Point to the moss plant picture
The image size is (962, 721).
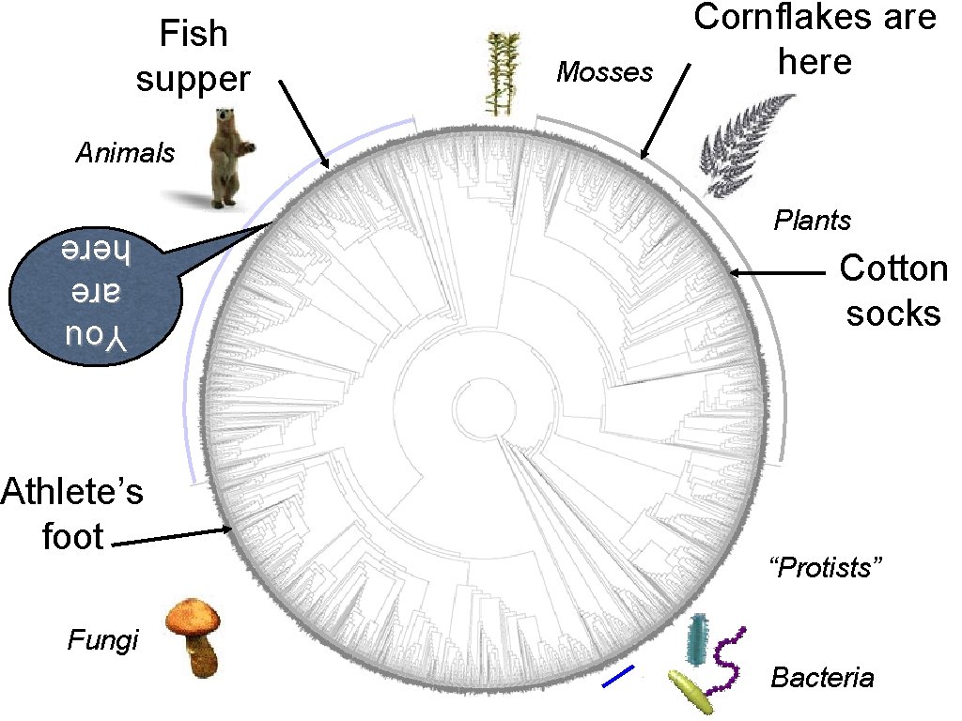505,74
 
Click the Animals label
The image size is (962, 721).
125,153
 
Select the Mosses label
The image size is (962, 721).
604,72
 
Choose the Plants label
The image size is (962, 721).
812,221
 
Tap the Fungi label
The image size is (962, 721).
102,641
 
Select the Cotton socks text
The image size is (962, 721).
892,290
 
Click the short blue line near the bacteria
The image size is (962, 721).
618,676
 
